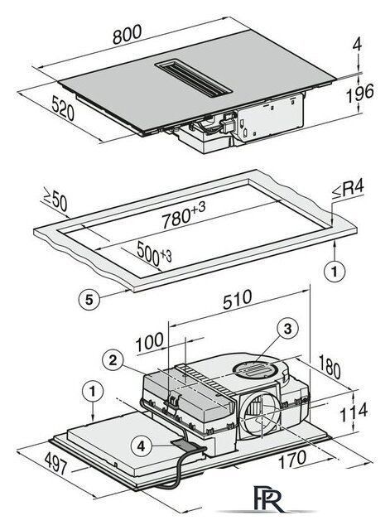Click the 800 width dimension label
click(x=127, y=35)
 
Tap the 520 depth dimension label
click(x=63, y=108)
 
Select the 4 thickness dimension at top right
click(x=357, y=44)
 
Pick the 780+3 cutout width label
click(x=184, y=214)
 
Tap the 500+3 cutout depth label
click(x=154, y=254)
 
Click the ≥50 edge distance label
click(x=55, y=200)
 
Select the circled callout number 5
click(x=89, y=300)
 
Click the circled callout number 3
click(x=287, y=328)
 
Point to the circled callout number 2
click(x=113, y=360)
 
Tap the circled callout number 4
click(x=142, y=446)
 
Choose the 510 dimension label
click(x=238, y=299)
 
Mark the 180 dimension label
click(x=330, y=366)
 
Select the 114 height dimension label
click(x=354, y=412)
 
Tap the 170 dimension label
click(x=292, y=460)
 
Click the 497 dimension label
click(x=56, y=463)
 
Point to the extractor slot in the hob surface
click(x=194, y=79)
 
